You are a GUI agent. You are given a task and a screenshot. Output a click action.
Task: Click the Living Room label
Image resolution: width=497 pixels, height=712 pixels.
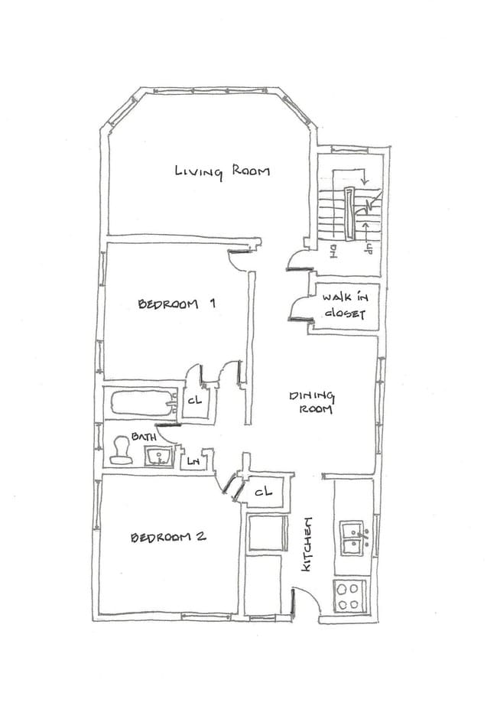pyautogui.click(x=222, y=171)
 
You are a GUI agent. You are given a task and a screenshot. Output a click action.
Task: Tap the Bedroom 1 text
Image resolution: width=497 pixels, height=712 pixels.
pyautogui.click(x=176, y=304)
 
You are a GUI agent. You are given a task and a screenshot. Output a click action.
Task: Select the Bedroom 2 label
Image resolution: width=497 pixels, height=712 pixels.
pyautogui.click(x=167, y=537)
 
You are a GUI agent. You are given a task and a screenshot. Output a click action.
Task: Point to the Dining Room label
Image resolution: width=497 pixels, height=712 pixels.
pyautogui.click(x=312, y=402)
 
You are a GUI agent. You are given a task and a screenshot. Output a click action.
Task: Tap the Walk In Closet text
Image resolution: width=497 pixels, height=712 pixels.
pyautogui.click(x=343, y=306)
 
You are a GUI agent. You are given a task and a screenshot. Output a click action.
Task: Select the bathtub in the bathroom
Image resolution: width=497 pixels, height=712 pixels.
pyautogui.click(x=143, y=402)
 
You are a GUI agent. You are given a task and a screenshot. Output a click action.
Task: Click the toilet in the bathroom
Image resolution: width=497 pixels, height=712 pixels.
pyautogui.click(x=119, y=451)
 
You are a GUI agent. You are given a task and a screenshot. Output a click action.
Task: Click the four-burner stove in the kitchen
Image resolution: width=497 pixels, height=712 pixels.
pyautogui.click(x=350, y=595)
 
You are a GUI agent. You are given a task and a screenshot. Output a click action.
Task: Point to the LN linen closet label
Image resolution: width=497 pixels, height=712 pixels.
pyautogui.click(x=193, y=462)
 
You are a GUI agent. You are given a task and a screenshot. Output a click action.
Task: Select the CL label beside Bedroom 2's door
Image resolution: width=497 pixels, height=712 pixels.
pyautogui.click(x=263, y=492)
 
